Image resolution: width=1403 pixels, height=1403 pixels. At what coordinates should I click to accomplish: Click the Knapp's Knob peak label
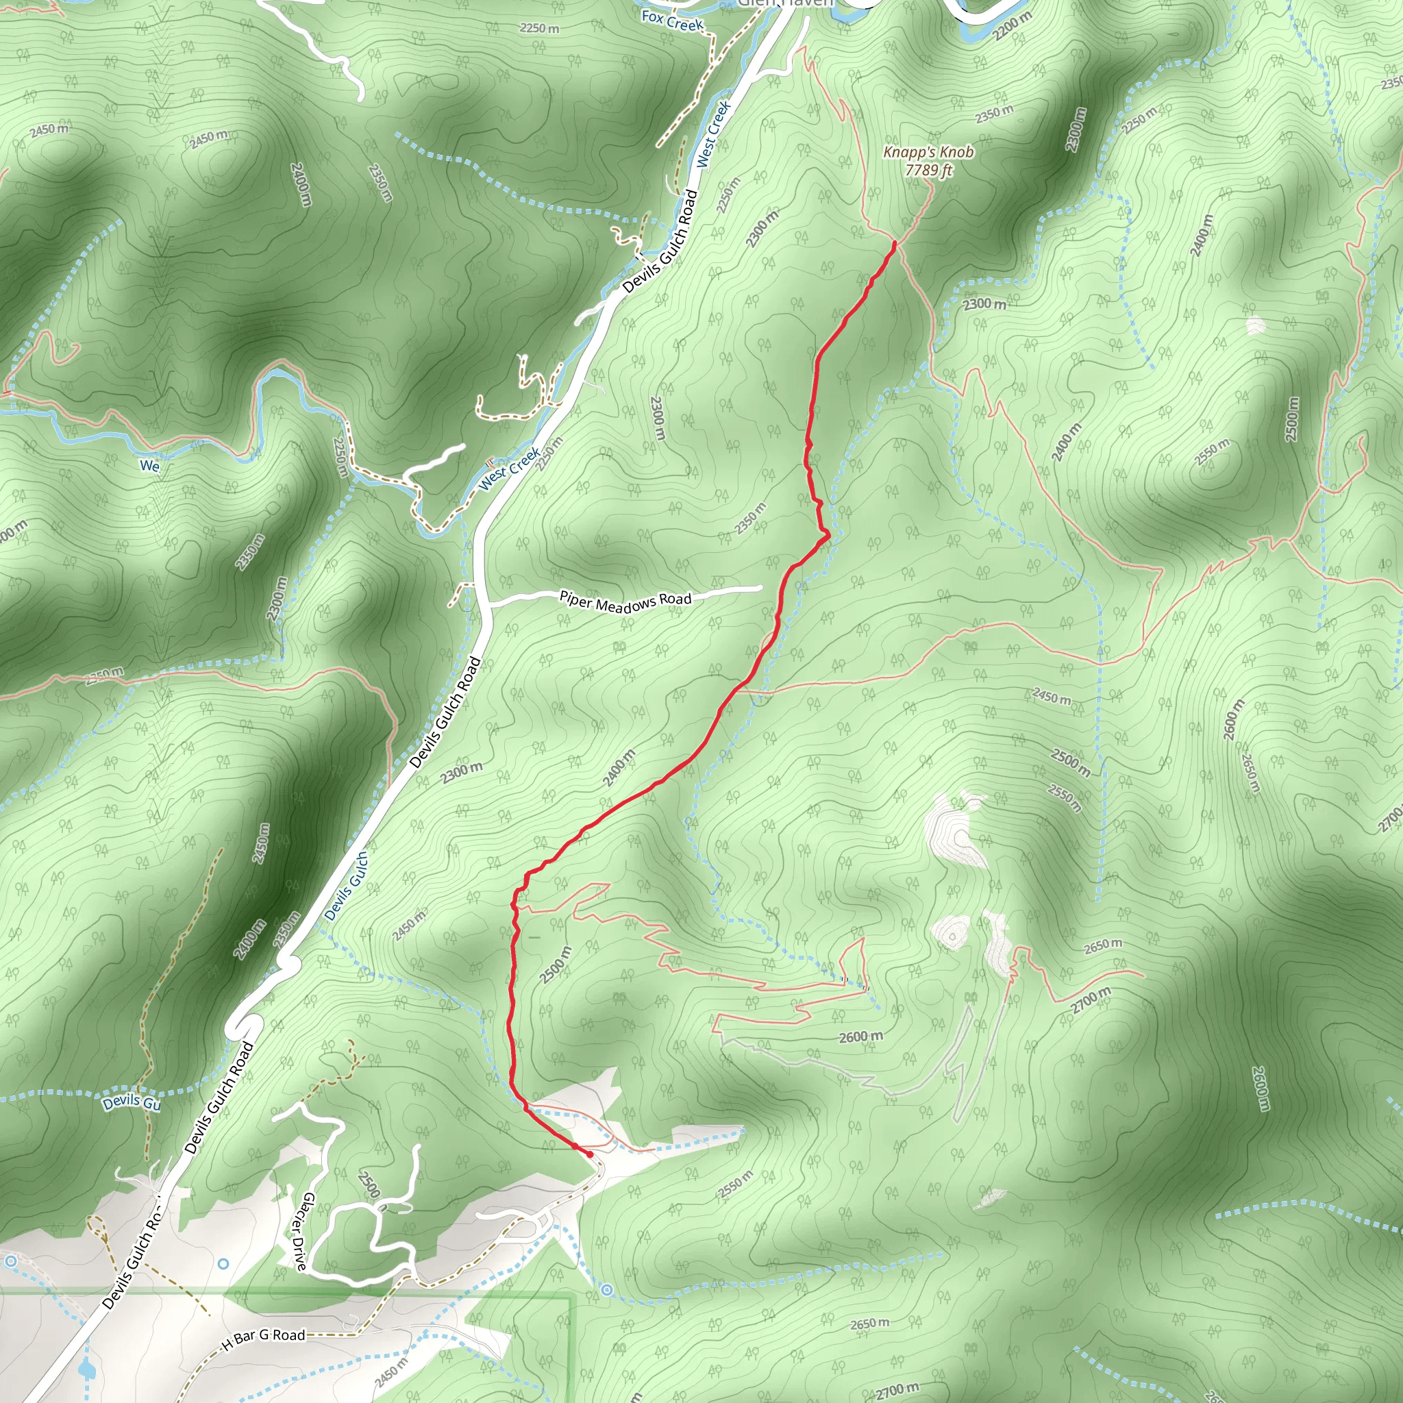coord(928,152)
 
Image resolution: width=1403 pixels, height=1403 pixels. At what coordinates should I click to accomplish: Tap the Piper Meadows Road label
coord(625,601)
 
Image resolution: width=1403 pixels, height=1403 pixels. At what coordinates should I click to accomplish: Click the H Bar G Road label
coord(264,1339)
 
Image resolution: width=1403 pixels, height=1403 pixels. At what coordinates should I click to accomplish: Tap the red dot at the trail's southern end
coord(590,1154)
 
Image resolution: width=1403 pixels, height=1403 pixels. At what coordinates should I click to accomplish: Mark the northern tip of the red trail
coord(894,244)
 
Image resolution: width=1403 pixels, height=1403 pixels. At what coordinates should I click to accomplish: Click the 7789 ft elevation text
coord(928,170)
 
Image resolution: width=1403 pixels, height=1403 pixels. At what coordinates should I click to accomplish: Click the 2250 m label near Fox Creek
coord(540,28)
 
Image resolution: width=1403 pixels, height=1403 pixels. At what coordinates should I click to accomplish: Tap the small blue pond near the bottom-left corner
coord(86,1369)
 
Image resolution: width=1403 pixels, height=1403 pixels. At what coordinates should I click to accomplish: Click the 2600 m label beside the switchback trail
coord(860,1036)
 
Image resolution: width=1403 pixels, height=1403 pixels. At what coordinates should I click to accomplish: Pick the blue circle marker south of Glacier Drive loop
coord(607,1290)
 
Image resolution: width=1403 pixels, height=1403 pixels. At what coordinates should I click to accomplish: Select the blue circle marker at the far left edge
coord(10,1261)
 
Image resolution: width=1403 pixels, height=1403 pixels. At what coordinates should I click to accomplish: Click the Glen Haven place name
coord(784,3)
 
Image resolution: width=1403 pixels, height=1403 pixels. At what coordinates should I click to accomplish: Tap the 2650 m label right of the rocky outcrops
coord(1102,945)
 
